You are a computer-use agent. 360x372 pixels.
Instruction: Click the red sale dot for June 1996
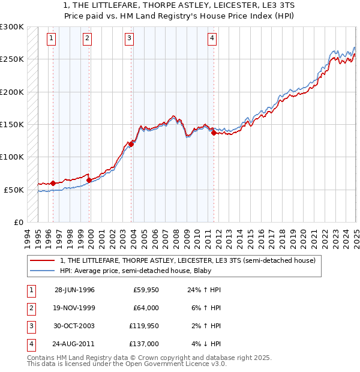(x=53, y=183)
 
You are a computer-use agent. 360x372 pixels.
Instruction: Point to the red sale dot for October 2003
(x=131, y=143)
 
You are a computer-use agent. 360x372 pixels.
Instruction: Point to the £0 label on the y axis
(x=17, y=222)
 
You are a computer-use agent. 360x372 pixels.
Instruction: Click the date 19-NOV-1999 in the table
(x=74, y=308)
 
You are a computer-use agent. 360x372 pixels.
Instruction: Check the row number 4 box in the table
(x=30, y=345)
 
